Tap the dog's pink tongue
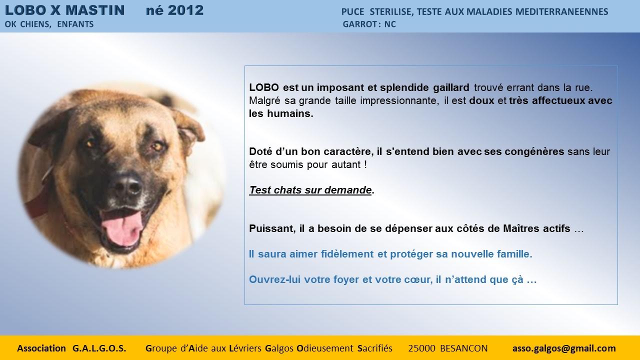coord(122,227)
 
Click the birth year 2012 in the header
coord(185,10)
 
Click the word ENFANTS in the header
coord(75,24)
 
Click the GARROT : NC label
coord(369,24)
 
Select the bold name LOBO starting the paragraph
coord(264,87)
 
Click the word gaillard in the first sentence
coord(451,87)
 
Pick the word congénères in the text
coord(534,151)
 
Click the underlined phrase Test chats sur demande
coord(310,190)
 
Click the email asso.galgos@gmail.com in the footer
coord(564,348)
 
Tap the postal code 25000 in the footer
coord(421,348)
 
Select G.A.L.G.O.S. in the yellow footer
coord(99,348)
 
